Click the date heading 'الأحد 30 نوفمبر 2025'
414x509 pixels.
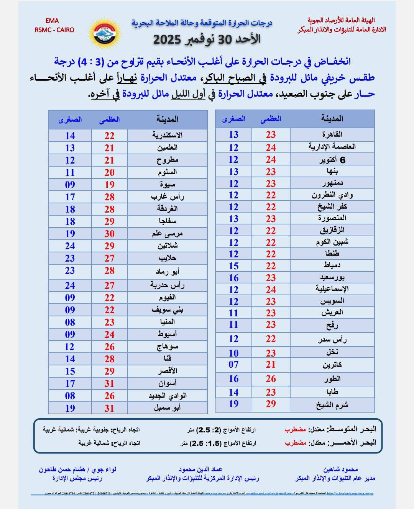pyautogui.click(x=207, y=39)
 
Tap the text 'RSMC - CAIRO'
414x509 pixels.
pyautogui.click(x=54, y=30)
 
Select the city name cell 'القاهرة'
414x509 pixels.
pyautogui.click(x=332, y=134)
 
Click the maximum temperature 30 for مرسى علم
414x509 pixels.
pyautogui.click(x=110, y=234)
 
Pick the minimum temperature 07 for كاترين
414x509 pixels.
pyautogui.click(x=233, y=365)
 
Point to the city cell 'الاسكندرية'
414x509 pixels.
pyautogui.click(x=167, y=135)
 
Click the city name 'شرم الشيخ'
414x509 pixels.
pyautogui.click(x=332, y=404)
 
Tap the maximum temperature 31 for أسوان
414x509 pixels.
pyautogui.click(x=110, y=383)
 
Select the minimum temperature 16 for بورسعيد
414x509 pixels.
pyautogui.click(x=233, y=278)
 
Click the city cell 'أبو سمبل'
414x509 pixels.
pyautogui.click(x=167, y=408)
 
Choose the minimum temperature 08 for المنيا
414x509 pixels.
pyautogui.click(x=70, y=322)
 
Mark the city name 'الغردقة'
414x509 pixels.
pyautogui.click(x=167, y=209)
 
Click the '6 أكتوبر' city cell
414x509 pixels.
pyautogui.click(x=332, y=160)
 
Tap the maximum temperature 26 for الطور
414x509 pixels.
pyautogui.click(x=271, y=379)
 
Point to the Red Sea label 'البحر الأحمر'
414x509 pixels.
pyautogui.click(x=354, y=443)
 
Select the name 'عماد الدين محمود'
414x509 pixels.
pyautogui.click(x=200, y=469)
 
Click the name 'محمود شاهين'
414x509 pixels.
pyautogui.click(x=340, y=469)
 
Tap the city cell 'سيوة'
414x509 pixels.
pyautogui.click(x=167, y=184)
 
